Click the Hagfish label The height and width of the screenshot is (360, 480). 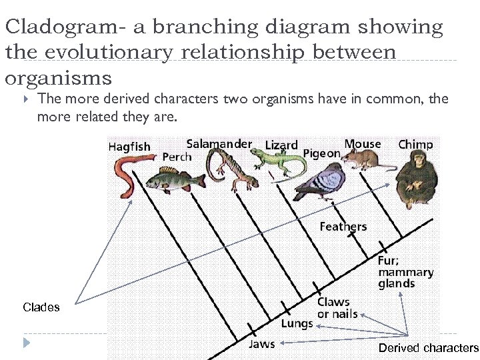pyautogui.click(x=129, y=147)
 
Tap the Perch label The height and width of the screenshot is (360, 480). pyautogui.click(x=177, y=157)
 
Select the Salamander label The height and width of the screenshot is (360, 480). pyautogui.click(x=219, y=143)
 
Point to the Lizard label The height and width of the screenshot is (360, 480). pyautogui.click(x=281, y=145)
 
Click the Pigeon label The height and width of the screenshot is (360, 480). pyautogui.click(x=322, y=154)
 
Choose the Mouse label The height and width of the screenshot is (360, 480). pyautogui.click(x=363, y=143)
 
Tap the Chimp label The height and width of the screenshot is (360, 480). pyautogui.click(x=415, y=144)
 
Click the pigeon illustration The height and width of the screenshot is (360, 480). pyautogui.click(x=319, y=183)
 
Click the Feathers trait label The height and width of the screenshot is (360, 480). pyautogui.click(x=343, y=227)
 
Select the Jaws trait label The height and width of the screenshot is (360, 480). pyautogui.click(x=261, y=344)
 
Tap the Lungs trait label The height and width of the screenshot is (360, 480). pyautogui.click(x=297, y=324)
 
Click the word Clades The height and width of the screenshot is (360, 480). pyautogui.click(x=41, y=307)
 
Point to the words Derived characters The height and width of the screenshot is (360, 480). pyautogui.click(x=428, y=348)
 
